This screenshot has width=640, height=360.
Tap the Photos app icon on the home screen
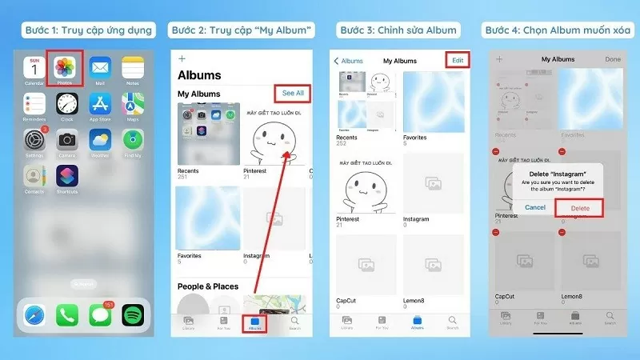(x=65, y=70)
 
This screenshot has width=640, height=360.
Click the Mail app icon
(x=100, y=70)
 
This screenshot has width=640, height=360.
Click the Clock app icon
(x=66, y=104)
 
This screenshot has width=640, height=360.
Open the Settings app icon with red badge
(x=34, y=139)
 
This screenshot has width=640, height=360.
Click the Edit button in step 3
(x=457, y=60)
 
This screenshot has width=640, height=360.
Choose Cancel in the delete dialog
(x=534, y=208)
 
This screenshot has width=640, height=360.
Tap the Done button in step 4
(x=613, y=59)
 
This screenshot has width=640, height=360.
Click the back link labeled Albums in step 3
(x=349, y=60)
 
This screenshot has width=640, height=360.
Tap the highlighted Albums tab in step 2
(x=255, y=323)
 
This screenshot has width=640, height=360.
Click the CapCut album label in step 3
(x=346, y=301)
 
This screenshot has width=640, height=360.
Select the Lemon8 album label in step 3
(x=414, y=301)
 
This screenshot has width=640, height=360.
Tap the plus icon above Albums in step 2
(x=182, y=58)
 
